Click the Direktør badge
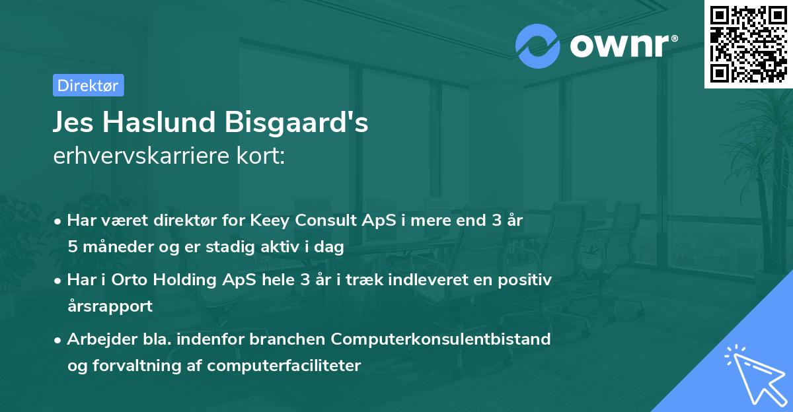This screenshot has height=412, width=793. tap(88, 85)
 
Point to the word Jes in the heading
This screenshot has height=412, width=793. tap(73, 123)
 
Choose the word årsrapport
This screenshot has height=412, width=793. tap(110, 306)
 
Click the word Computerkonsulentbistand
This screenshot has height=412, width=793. tap(441, 339)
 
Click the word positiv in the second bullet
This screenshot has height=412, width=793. tap(527, 280)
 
